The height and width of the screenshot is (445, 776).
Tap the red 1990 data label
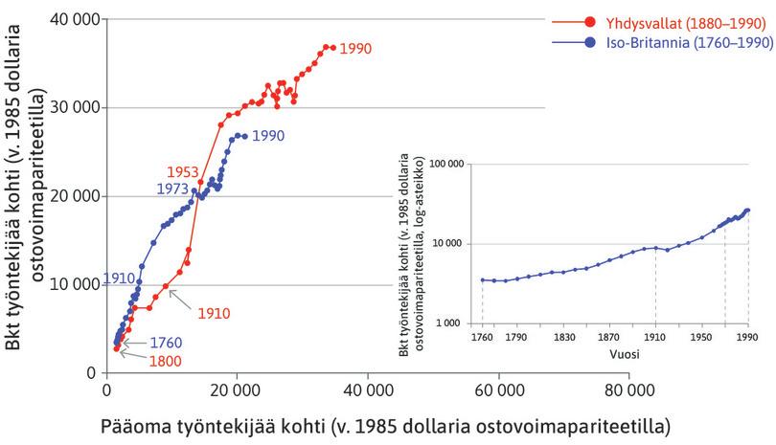coord(354,48)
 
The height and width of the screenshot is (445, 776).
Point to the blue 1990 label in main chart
coord(268,137)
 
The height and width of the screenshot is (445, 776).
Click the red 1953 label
coord(182,171)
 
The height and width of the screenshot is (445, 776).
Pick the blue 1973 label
coord(173,189)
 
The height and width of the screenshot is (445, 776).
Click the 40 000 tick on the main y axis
coord(74,18)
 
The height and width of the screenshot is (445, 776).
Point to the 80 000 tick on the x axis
coord(628,390)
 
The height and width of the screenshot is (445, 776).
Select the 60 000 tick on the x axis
coord(498,390)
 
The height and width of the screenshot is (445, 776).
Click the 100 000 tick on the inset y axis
coord(445,165)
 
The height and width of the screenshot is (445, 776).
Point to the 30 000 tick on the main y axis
coord(74,107)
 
